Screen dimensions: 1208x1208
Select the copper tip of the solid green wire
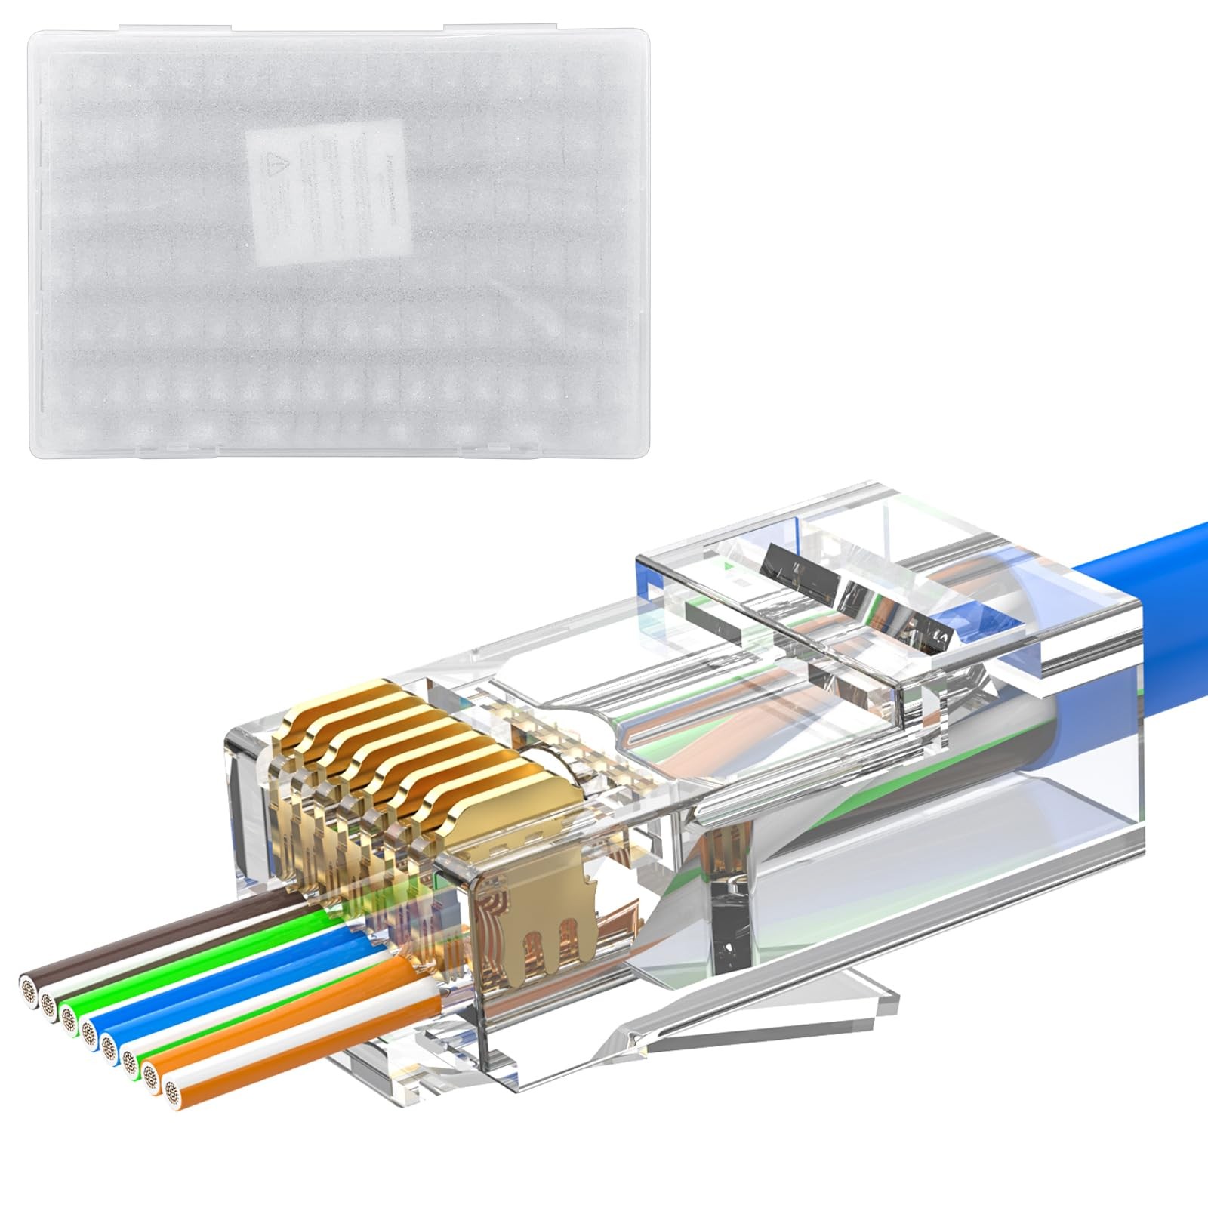[69, 1019]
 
